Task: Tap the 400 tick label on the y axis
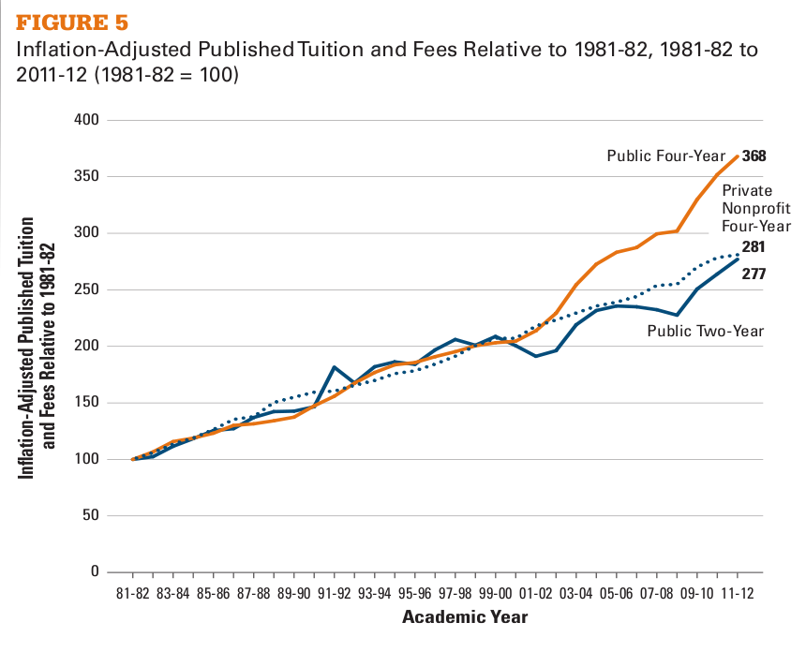[87, 121]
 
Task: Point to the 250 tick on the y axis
[87, 290]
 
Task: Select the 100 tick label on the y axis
[87, 460]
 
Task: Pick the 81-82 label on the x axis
[133, 593]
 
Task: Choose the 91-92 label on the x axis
[334, 593]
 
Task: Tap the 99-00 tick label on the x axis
[495, 593]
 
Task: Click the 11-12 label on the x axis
[737, 593]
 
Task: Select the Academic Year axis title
[465, 617]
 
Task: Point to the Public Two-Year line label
[704, 331]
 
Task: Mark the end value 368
[754, 156]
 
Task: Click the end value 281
[754, 247]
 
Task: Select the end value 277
[754, 274]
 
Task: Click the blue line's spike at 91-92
[335, 367]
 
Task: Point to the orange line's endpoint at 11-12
[737, 156]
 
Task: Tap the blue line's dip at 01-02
[535, 356]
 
